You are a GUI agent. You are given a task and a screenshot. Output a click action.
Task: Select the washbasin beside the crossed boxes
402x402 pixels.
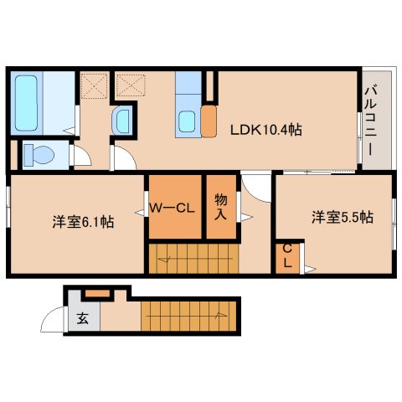tap(122, 121)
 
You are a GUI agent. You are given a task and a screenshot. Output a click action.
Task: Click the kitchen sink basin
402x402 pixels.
tap(188, 121)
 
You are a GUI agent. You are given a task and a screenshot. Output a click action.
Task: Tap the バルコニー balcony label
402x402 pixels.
tap(369, 122)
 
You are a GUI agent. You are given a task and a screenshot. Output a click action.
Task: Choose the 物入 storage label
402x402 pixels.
tap(220, 207)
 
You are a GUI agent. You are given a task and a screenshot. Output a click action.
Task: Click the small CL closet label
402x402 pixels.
tap(286, 256)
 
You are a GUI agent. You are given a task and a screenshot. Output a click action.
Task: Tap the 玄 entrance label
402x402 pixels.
tap(83, 318)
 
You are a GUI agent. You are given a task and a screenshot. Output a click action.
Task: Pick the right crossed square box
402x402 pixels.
tap(128, 85)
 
